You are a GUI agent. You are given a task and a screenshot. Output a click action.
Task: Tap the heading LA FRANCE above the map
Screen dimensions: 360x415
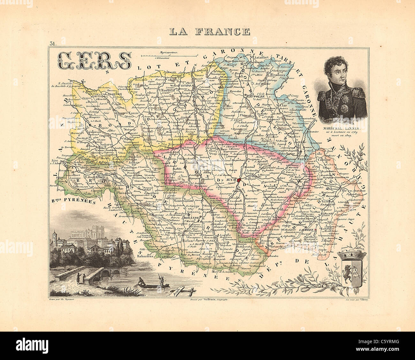click(x=209, y=31)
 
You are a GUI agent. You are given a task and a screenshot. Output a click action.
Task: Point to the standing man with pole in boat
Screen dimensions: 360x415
click(x=161, y=280)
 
